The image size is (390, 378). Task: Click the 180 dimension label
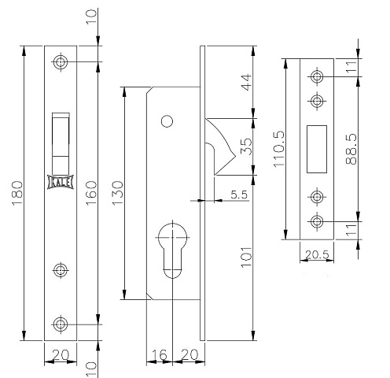18,193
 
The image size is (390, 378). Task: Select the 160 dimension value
91,193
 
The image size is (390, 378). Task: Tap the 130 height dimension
117,193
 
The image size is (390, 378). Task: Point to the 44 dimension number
246,83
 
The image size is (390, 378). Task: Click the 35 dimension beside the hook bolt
246,146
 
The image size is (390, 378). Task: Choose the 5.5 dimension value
239,195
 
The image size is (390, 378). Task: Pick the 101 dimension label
246,258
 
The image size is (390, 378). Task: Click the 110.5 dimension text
278,149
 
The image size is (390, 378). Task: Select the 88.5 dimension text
351,149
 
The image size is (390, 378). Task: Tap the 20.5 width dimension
317,254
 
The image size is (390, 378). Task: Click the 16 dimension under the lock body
159,355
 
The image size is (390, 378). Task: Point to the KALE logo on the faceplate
61,182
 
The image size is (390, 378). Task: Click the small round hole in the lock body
167,121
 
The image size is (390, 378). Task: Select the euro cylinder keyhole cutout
173,250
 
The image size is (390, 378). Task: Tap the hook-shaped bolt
221,146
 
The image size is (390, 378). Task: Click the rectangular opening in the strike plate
317,149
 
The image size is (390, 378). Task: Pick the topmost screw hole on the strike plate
317,76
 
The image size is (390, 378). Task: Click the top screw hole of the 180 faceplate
61,62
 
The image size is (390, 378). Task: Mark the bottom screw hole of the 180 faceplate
61,324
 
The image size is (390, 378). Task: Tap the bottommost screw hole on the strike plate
317,221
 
